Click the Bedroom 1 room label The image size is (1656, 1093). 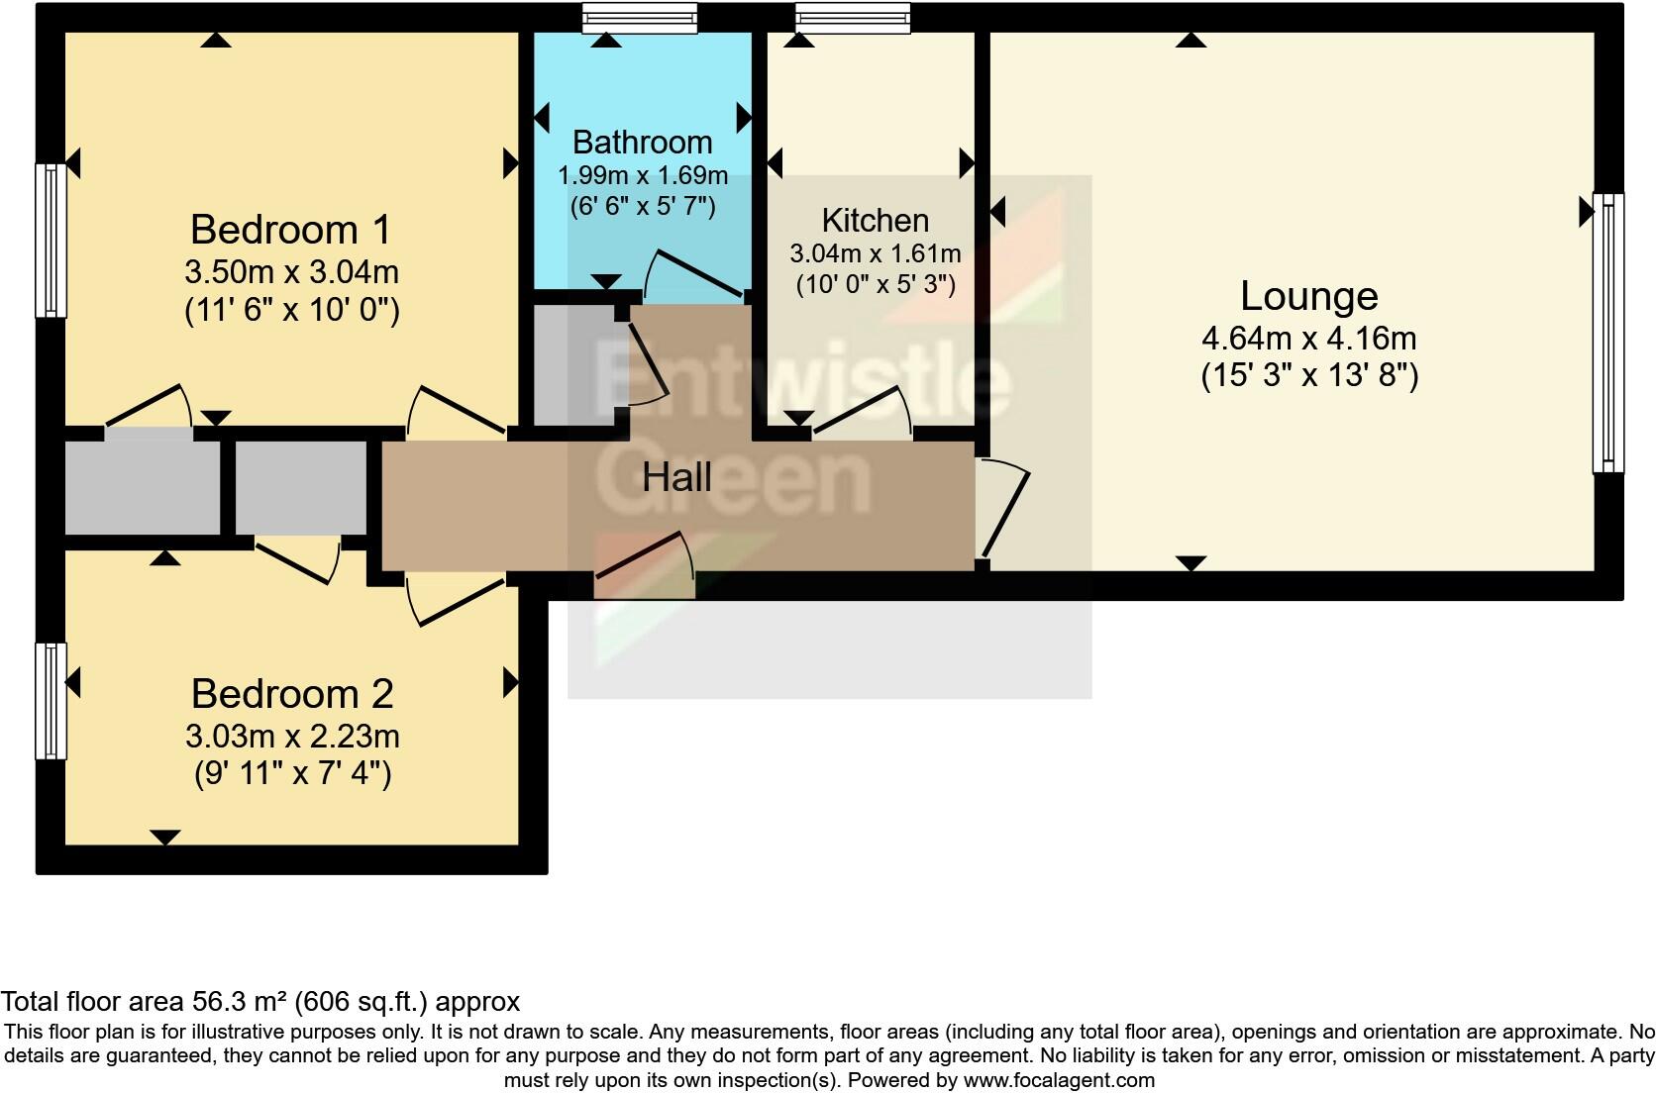pos(291,230)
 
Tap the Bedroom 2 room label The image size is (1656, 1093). pos(292,694)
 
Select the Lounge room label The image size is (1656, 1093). pos(1308,296)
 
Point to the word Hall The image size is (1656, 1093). pos(676,478)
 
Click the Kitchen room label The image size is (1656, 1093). pos(875,220)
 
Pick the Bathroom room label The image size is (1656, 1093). pos(642,143)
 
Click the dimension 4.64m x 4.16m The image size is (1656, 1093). pos(1308,339)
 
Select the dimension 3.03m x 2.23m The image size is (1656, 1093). pos(292,737)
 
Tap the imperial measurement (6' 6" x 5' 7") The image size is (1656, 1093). pos(642,207)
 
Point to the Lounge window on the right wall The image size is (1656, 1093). pos(1607,333)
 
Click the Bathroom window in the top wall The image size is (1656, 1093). pos(639,17)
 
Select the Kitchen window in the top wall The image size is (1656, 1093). pos(852,17)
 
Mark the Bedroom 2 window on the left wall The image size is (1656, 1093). pos(52,701)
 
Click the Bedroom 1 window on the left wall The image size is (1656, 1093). pos(52,241)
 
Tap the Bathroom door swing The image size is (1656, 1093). pos(693,275)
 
